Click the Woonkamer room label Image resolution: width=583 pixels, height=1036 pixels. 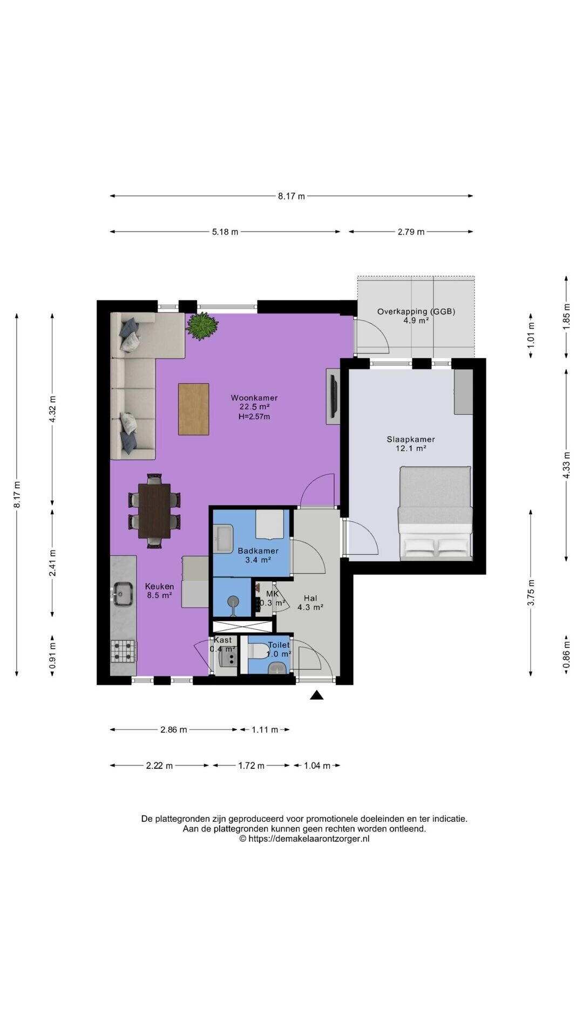[254, 398]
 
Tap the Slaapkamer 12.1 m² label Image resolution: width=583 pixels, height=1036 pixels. [410, 444]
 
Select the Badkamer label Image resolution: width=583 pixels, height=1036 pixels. [258, 551]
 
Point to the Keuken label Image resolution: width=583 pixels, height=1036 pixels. [159, 587]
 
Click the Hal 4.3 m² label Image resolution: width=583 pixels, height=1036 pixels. [310, 602]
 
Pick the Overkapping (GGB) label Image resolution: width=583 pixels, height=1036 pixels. [416, 311]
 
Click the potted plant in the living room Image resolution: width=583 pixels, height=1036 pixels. [202, 326]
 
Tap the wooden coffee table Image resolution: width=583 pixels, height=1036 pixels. [193, 409]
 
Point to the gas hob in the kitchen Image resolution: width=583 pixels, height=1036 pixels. [123, 651]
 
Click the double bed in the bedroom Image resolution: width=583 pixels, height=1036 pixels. [435, 513]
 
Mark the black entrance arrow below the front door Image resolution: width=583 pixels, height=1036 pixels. [317, 695]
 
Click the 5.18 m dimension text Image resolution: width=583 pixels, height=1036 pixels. [225, 232]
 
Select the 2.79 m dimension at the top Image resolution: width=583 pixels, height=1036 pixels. [411, 232]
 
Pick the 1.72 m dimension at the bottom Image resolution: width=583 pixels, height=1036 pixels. [252, 766]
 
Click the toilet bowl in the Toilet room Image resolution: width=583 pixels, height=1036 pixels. [259, 652]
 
